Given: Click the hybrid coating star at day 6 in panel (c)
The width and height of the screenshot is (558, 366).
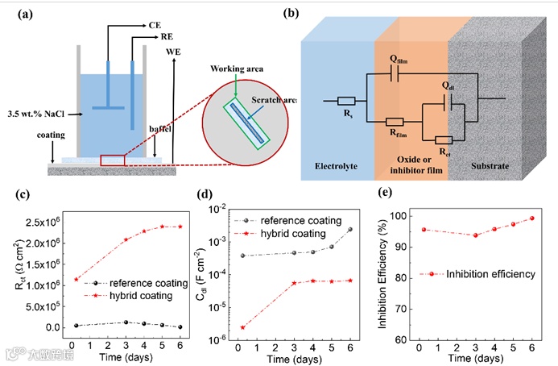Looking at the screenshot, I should tap(180, 227).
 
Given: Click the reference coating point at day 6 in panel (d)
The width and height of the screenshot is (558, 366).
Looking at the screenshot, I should tap(349, 229).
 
